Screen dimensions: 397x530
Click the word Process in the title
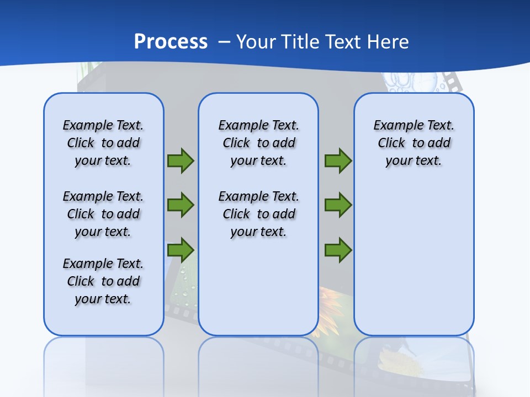(x=171, y=41)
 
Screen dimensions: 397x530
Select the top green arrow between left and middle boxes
(x=181, y=160)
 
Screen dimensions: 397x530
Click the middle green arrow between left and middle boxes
(x=181, y=205)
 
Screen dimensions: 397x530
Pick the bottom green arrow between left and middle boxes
(x=181, y=250)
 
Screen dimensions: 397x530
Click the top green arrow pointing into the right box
(x=338, y=160)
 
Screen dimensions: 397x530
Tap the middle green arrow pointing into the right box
(x=338, y=205)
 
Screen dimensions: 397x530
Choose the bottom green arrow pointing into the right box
(x=338, y=250)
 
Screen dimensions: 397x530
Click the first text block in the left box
(x=103, y=143)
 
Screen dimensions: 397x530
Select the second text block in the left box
(x=103, y=214)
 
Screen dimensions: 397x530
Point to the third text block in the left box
(x=103, y=281)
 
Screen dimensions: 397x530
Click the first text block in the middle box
(x=258, y=143)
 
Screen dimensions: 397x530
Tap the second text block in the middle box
(x=258, y=214)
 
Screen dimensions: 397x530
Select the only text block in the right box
(x=414, y=143)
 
